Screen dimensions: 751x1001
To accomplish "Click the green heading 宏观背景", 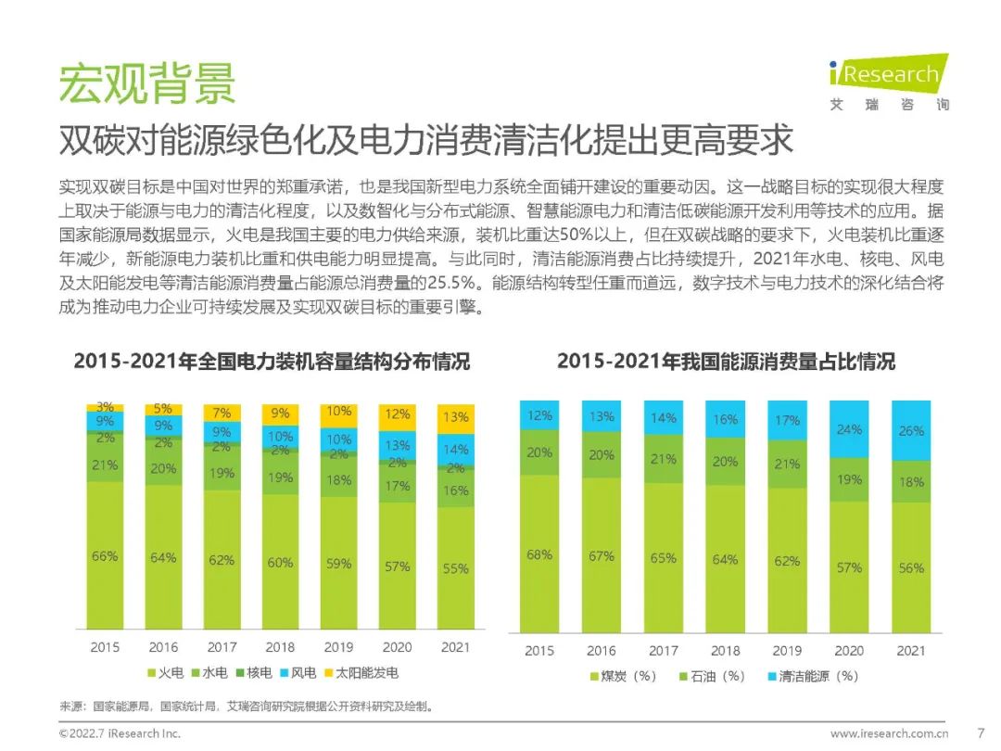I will tap(147, 83).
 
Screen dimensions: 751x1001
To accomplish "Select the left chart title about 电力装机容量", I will tap(272, 362).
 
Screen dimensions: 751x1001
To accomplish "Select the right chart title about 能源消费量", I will tap(726, 362).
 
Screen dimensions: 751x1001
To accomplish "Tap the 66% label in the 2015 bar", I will tap(105, 556).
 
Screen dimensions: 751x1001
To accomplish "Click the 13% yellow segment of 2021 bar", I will tap(455, 418).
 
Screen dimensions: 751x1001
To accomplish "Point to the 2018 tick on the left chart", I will tap(280, 647).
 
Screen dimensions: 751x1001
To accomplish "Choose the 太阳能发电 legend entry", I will tap(353, 673).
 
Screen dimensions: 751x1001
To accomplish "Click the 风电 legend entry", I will tap(296, 673).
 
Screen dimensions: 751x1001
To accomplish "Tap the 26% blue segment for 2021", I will tap(910, 431).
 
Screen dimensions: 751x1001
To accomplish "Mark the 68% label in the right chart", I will tap(539, 554).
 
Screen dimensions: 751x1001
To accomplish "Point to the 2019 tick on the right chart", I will tap(787, 650).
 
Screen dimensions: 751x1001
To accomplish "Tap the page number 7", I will tap(981, 732).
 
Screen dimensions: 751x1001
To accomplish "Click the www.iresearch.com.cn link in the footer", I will tap(888, 733).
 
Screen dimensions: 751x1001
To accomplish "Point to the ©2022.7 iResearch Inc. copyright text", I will tap(120, 733).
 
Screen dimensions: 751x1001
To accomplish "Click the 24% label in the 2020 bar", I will tap(849, 429).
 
